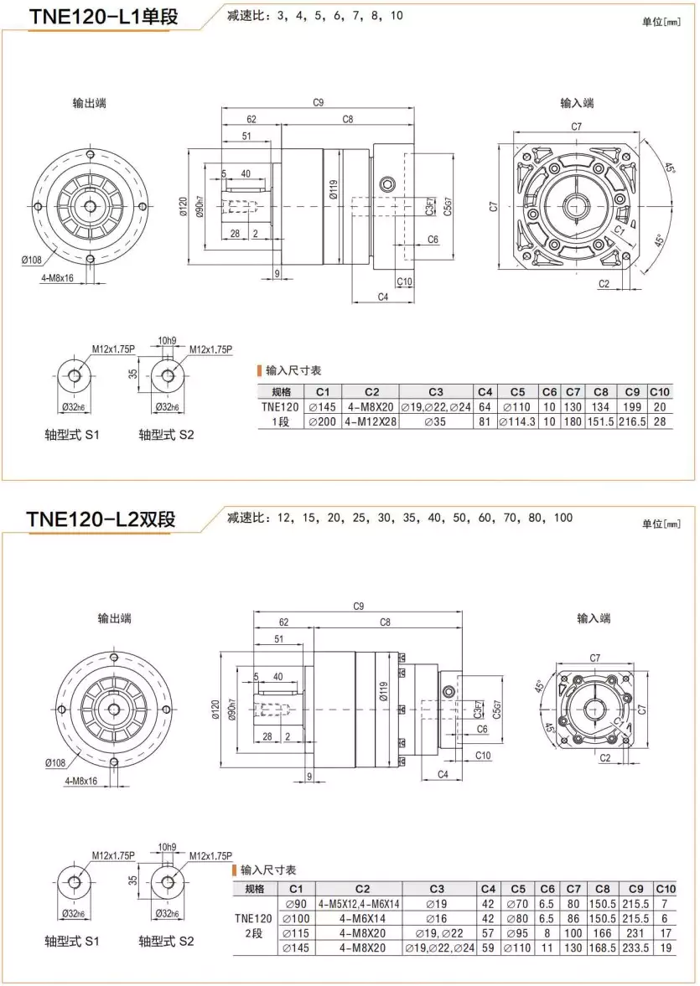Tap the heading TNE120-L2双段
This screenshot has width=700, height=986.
(101, 519)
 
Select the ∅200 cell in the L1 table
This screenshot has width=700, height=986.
(323, 422)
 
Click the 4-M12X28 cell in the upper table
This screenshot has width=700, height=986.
(371, 422)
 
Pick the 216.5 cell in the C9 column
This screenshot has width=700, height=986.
(632, 422)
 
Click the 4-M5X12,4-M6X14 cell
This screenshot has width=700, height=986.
(359, 904)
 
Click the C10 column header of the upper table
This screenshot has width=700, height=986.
(661, 391)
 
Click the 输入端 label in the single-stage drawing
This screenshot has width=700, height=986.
(577, 103)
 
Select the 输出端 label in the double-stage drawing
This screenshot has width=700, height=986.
(114, 618)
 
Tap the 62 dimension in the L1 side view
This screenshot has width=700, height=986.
(251, 119)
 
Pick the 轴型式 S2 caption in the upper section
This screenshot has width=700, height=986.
(166, 436)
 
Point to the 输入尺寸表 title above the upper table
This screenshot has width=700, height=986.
(293, 370)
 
